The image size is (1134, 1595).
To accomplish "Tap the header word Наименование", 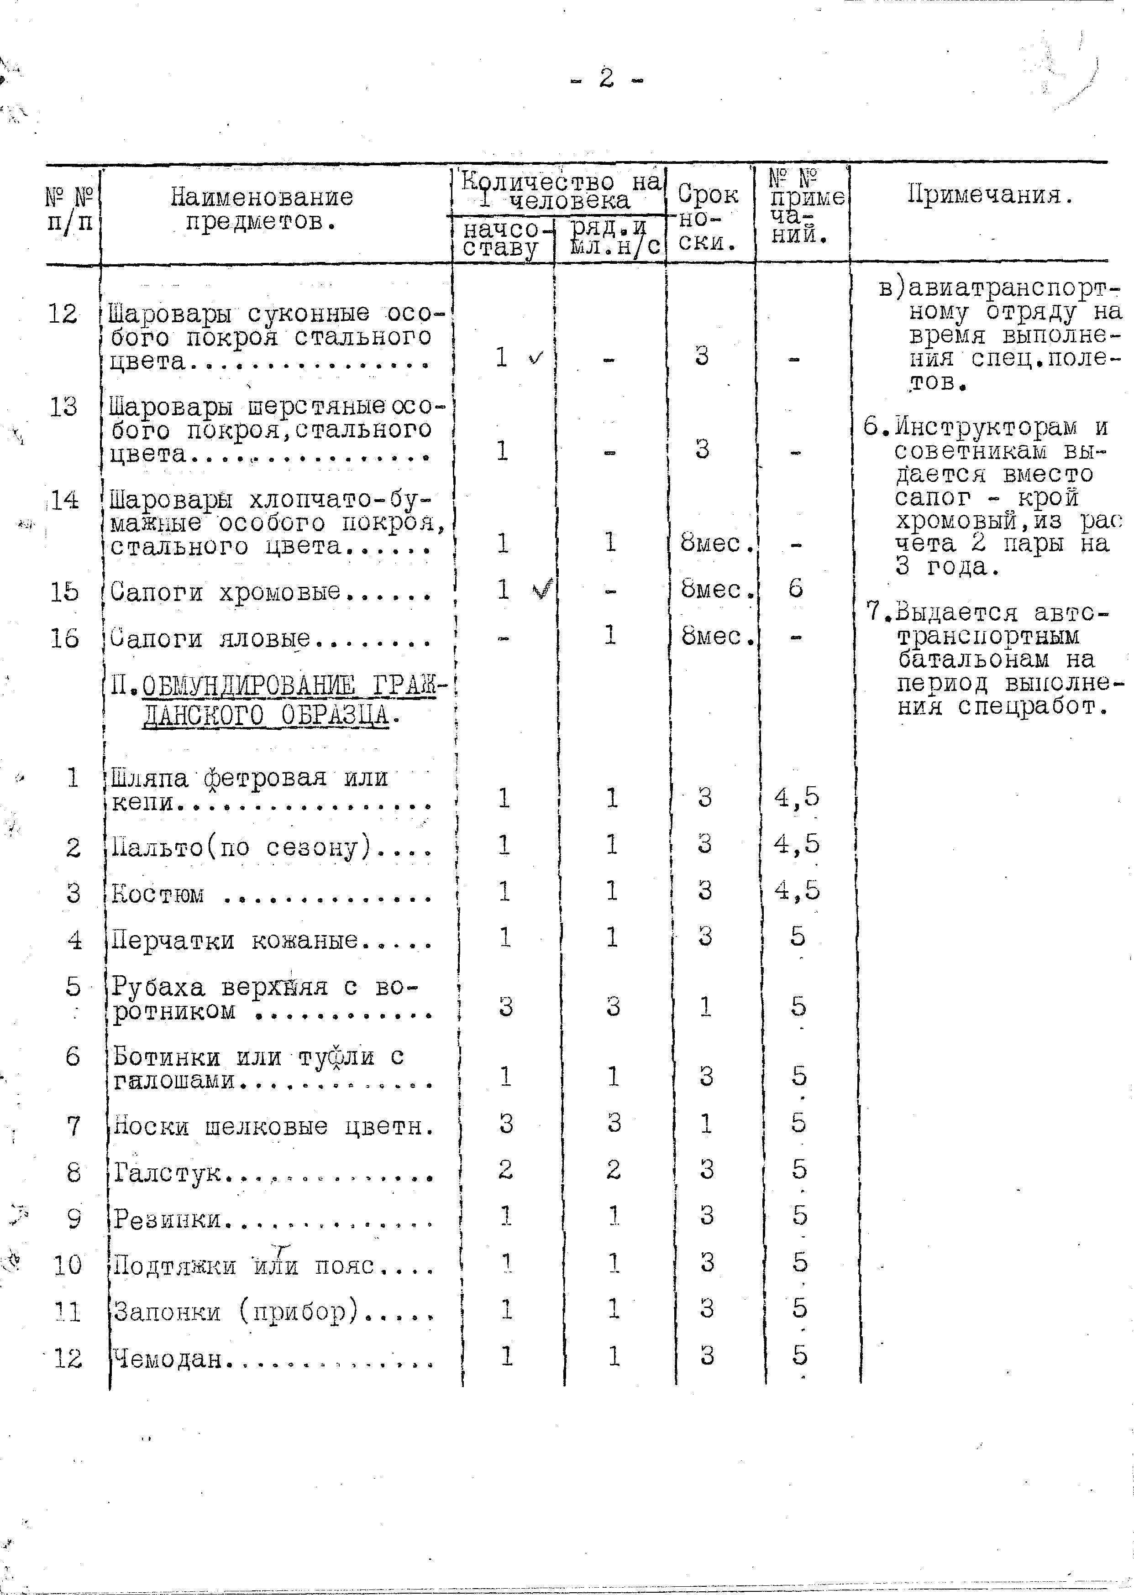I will (262, 197).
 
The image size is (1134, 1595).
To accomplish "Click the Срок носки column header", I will (708, 218).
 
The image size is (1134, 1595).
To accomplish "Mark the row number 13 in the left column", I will (63, 406).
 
